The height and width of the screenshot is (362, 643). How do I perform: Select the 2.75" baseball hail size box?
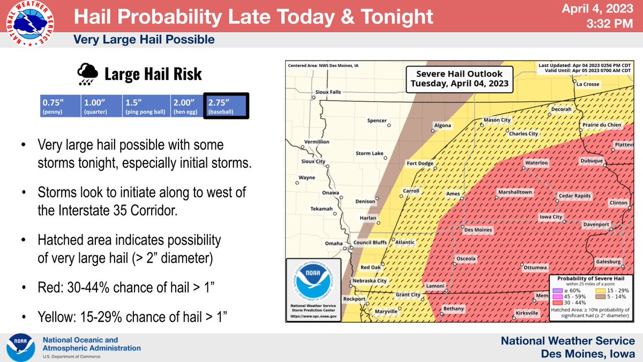tap(226, 106)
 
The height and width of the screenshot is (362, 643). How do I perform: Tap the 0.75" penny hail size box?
tap(59, 106)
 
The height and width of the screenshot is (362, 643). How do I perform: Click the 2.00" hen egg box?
tap(186, 106)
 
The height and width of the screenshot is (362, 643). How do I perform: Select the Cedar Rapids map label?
tap(575, 196)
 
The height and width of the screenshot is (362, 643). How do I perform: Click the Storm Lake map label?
tap(369, 153)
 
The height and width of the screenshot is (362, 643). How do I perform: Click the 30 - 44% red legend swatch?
tap(556, 302)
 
